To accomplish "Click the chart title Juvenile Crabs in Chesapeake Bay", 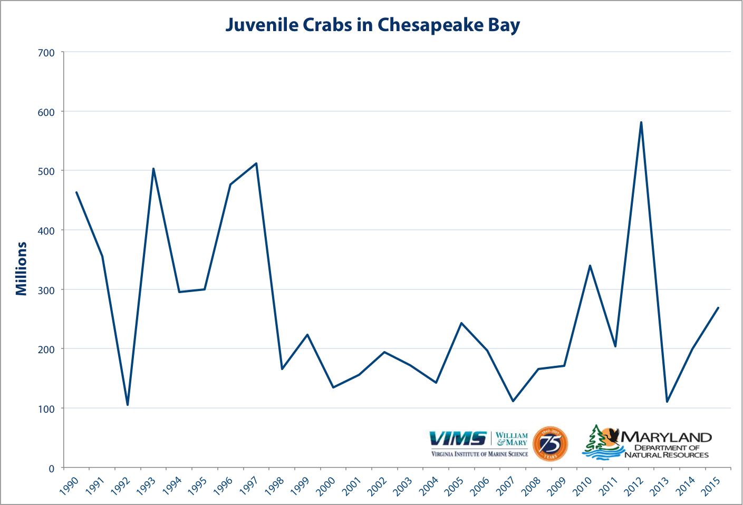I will tap(372, 25).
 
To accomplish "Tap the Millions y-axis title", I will tap(21, 268).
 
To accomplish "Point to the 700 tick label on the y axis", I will tap(46, 53).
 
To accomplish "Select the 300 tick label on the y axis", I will tap(46, 290).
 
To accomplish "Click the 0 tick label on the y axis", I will tap(51, 468).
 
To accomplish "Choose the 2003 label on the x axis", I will tap(403, 485).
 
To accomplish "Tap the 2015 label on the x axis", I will tap(711, 485).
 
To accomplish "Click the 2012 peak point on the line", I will tap(641, 122).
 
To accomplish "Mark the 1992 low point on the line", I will tap(128, 405).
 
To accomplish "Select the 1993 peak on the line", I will tap(153, 169).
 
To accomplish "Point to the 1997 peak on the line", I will tap(256, 163).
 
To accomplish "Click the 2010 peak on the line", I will tap(590, 266).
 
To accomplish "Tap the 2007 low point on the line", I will tap(513, 401).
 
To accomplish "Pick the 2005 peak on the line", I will tap(461, 323).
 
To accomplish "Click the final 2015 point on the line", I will tap(718, 308).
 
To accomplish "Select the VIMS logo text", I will tap(458, 438).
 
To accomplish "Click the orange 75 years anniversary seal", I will tap(550, 444).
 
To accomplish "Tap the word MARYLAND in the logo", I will tap(667, 437).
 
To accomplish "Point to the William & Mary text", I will tap(512, 439).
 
